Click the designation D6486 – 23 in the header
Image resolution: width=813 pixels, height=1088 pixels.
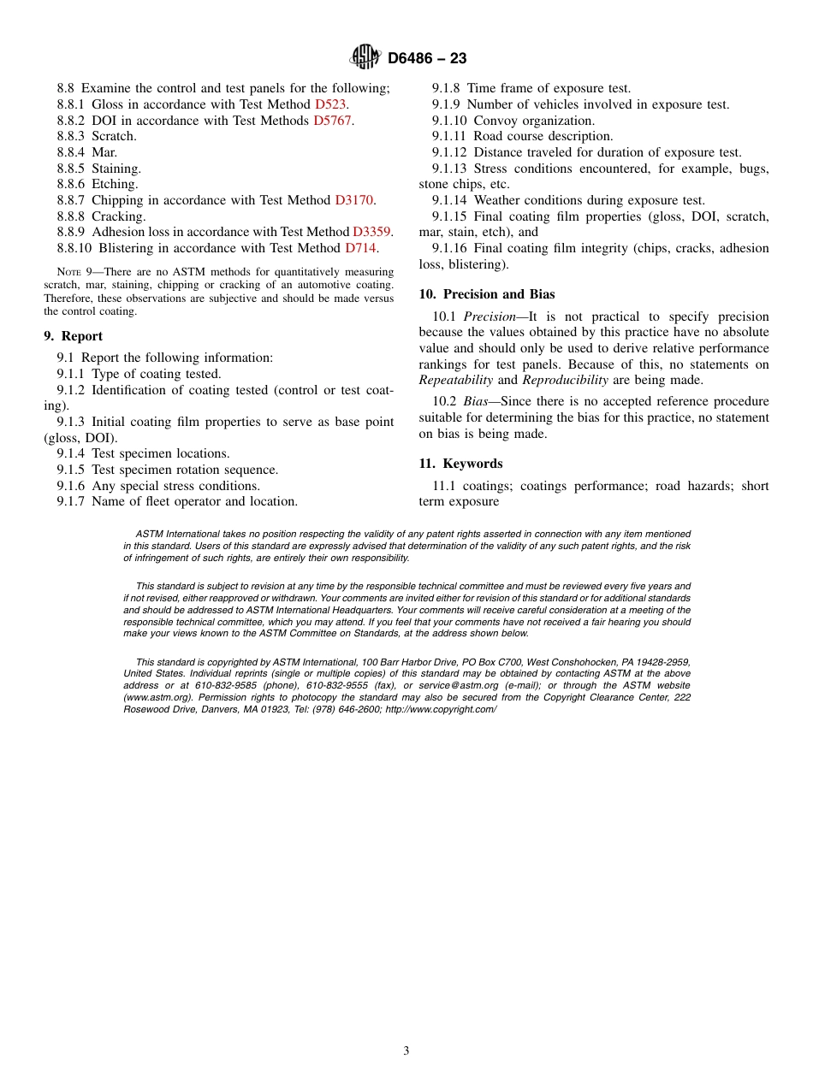tap(427, 58)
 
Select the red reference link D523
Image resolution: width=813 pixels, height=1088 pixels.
tap(330, 104)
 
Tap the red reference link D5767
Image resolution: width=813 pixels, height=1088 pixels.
tap(333, 121)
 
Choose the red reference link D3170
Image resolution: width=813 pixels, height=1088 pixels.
tap(354, 200)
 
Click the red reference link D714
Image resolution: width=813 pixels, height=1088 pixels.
tap(360, 248)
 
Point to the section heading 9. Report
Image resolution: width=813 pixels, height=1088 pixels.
tap(73, 336)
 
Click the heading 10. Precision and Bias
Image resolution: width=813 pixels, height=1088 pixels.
tap(486, 294)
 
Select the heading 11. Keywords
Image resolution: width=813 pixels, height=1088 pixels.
tap(460, 464)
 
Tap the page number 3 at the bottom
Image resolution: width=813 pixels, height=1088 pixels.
tap(406, 1051)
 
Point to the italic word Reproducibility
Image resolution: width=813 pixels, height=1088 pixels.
tap(565, 380)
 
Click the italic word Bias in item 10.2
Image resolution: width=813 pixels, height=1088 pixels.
tap(475, 401)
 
